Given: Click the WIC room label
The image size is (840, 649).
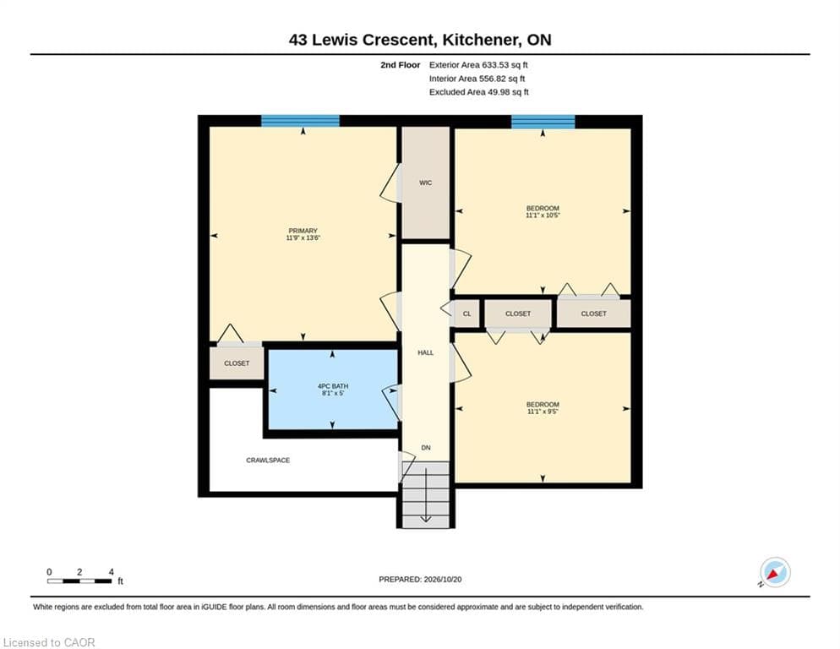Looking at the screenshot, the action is pos(425,183).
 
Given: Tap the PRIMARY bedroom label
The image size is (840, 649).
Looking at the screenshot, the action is pos(303,231).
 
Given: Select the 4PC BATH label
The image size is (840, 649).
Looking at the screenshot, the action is pos(333,386).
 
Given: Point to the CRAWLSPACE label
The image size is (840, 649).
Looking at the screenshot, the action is pos(268,461).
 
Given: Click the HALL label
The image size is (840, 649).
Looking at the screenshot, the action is pos(425,352).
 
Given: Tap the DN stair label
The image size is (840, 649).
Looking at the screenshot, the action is pos(426,448).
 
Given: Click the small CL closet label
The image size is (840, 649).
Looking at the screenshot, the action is pos(466,314).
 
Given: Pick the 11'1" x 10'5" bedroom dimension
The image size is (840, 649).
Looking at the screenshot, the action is pos(543,215).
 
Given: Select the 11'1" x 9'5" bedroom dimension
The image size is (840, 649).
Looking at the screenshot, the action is pos(543,412).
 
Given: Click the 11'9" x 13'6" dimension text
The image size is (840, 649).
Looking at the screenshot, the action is pos(303,237).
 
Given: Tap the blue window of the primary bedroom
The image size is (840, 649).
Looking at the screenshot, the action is pos(301,121).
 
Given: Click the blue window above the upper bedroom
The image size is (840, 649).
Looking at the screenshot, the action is pos(543,122).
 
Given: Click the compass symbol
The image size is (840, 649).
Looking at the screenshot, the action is pos(775,572).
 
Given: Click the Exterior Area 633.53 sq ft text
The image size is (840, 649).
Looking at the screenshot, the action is pos(478,65).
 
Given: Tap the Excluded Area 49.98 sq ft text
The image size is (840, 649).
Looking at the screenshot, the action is pos(479,92).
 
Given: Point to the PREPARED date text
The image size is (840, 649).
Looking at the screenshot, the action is pos(420,580).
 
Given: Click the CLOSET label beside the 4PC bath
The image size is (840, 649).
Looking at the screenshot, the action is pos(237,363).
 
